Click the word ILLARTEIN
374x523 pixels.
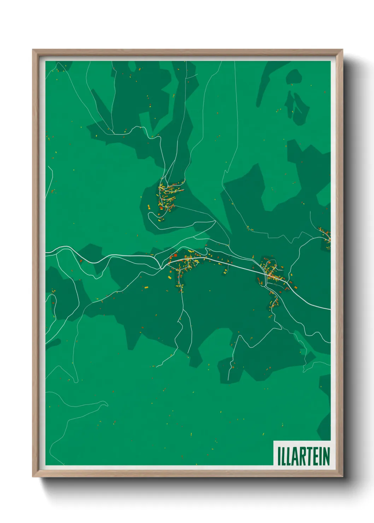303,456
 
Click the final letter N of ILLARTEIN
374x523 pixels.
326,456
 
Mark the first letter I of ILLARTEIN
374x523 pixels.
279,456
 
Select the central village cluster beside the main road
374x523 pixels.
184,263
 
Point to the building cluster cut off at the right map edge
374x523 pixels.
326,237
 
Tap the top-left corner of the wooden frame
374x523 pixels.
34,51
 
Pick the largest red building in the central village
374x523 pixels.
175,255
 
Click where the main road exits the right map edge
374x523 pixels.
329,309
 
